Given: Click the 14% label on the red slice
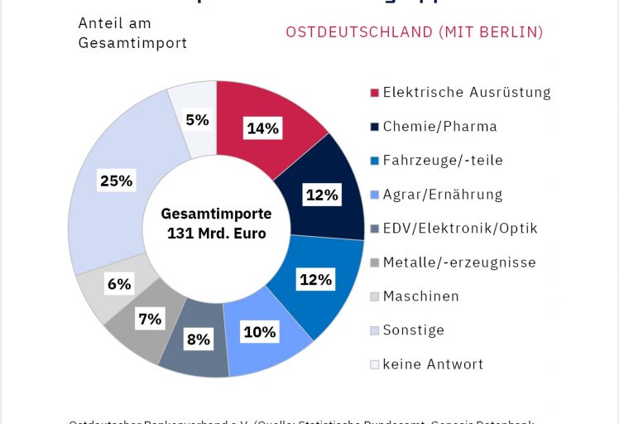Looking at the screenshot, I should point(263,128).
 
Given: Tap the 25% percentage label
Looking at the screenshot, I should point(115,181).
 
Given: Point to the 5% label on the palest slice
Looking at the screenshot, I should point(197,119).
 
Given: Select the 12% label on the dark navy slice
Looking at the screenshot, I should point(322,195).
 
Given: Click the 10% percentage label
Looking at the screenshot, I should point(259,332).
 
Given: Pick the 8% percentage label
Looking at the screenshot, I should point(199,338).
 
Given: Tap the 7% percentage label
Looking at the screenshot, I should point(150,318).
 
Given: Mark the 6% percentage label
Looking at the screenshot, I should point(118,283).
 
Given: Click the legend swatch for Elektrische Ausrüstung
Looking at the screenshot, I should point(374,93).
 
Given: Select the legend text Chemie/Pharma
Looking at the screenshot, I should point(439,127).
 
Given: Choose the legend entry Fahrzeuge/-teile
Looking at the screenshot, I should point(443,161).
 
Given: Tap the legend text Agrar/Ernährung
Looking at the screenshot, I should point(443,195).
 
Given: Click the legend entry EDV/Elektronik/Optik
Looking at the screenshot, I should point(460,229).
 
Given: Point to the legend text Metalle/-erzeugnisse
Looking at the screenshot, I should point(459,263).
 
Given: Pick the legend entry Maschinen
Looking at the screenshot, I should point(420,296).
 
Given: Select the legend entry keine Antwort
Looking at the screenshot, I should point(433,364).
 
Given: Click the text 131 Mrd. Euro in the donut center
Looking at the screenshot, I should point(216,234).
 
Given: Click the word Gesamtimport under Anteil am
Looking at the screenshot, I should point(132,43).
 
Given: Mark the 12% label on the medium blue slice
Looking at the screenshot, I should point(315,279).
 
